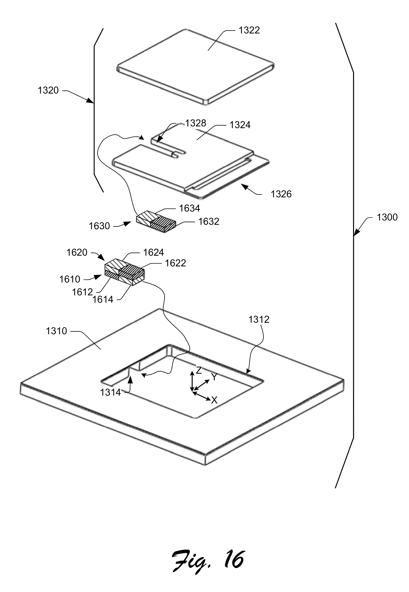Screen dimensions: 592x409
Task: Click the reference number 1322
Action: [x=249, y=30]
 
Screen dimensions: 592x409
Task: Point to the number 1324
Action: [x=240, y=125]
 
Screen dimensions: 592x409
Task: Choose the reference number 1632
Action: [x=209, y=221]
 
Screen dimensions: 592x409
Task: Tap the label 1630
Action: [x=99, y=226]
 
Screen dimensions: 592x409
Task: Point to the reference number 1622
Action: [x=175, y=263]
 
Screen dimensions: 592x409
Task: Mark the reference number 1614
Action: [x=103, y=300]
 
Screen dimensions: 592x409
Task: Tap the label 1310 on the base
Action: [x=56, y=331]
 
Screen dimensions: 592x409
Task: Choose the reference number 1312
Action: [x=259, y=319]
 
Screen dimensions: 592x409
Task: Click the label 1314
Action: [x=110, y=393]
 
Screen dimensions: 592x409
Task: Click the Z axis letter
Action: [x=199, y=370]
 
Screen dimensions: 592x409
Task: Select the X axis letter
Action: [x=214, y=400]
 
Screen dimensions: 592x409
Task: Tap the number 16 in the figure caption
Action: [x=234, y=559]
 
